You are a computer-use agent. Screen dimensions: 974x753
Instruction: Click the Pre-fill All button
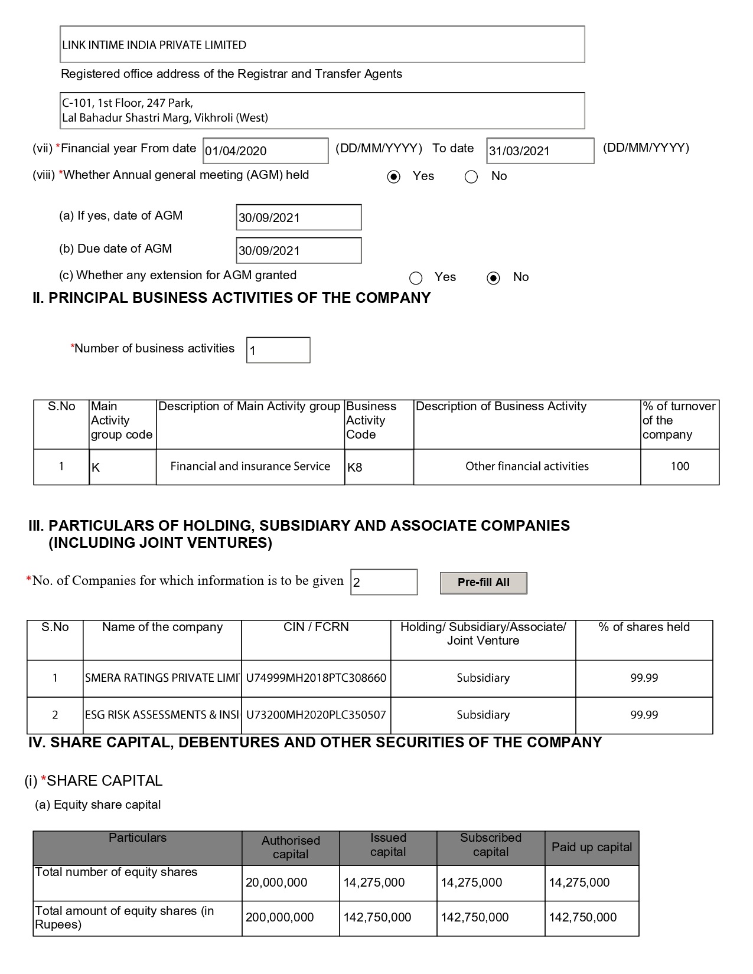(483, 583)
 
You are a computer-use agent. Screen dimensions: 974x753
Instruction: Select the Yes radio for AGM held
(393, 177)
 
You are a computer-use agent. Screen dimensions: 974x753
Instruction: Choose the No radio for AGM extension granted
(493, 277)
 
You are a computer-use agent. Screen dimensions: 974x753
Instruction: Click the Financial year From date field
(265, 151)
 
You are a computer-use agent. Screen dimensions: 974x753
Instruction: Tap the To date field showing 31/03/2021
(540, 151)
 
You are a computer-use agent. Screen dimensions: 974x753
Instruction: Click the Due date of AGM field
(298, 250)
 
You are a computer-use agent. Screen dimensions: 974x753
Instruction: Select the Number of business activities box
(278, 350)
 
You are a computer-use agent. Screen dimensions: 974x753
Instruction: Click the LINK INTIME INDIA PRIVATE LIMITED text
(154, 45)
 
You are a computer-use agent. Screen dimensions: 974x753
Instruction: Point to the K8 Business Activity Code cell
(379, 467)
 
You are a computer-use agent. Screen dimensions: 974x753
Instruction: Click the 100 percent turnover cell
(680, 466)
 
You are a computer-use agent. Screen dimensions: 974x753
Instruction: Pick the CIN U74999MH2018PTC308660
(316, 678)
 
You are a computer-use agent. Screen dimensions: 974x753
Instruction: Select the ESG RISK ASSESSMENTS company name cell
(162, 715)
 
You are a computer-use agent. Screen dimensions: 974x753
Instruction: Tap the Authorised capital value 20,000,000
(276, 883)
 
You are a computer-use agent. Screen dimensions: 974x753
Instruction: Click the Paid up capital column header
(591, 847)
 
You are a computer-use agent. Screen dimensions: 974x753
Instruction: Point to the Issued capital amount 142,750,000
(377, 917)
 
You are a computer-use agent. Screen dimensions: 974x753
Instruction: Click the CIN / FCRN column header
(316, 627)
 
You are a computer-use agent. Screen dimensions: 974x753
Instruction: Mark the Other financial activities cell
(527, 466)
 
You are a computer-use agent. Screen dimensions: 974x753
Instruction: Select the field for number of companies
(384, 582)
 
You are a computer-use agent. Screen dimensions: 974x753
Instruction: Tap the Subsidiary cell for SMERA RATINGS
(483, 678)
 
